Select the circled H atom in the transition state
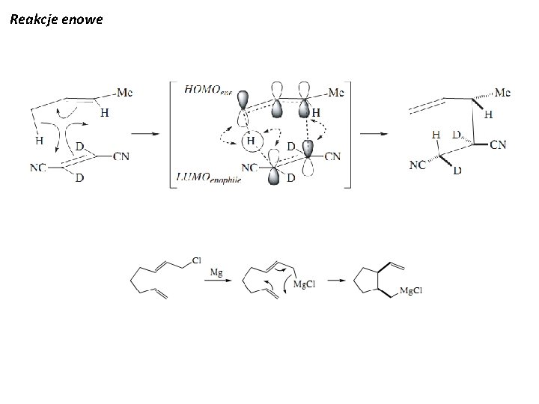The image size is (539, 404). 252,141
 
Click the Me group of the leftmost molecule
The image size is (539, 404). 126,92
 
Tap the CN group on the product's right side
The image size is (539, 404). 497,144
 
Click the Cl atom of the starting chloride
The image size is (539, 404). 197,260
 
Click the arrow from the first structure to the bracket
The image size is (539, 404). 144,134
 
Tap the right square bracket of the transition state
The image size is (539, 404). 347,135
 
